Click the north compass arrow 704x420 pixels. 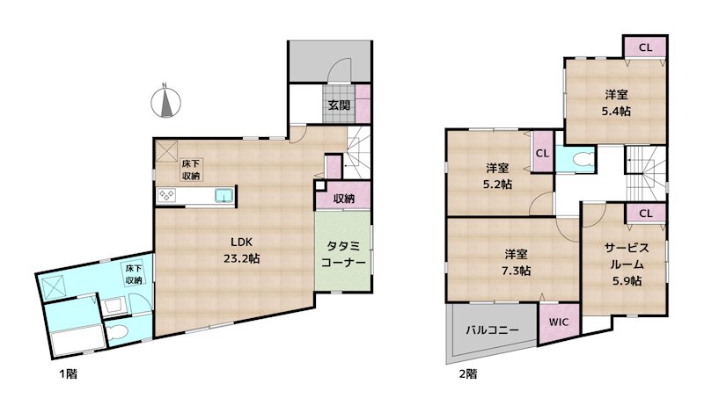[x=165, y=102]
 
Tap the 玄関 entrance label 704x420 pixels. [x=340, y=105]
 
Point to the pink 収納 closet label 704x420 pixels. [x=344, y=199]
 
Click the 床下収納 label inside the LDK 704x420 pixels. [x=190, y=170]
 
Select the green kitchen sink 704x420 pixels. [x=222, y=195]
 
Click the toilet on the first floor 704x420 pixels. [x=121, y=332]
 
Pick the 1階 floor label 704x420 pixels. [x=68, y=374]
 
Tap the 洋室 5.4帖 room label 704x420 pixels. [x=616, y=103]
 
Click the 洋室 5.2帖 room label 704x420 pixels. [x=497, y=176]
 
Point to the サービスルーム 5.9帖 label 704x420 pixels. [x=625, y=264]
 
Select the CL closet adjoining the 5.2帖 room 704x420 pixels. [x=542, y=152]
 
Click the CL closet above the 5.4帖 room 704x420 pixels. [x=645, y=47]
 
